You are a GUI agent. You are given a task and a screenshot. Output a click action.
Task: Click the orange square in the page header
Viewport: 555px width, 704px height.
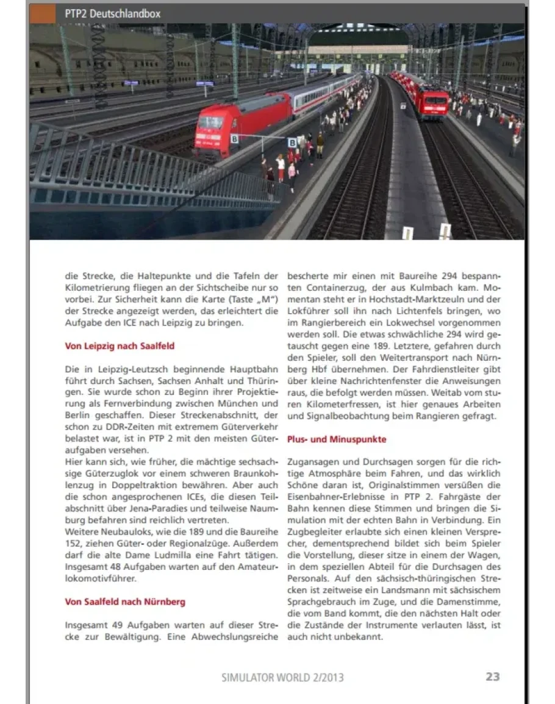(x=43, y=13)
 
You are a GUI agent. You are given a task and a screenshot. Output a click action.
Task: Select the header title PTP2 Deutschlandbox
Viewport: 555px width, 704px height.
(x=113, y=13)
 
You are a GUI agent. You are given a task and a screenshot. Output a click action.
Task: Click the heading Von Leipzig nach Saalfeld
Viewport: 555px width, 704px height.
(x=120, y=346)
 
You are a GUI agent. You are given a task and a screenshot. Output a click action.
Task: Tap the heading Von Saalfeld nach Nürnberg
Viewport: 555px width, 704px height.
(x=125, y=602)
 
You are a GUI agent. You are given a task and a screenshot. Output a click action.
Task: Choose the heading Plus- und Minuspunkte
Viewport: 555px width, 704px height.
(x=337, y=439)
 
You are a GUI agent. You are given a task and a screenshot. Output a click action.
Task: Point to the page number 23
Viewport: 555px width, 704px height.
(x=493, y=677)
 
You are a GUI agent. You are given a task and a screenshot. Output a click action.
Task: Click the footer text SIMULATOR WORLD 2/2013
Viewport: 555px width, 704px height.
(x=282, y=677)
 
